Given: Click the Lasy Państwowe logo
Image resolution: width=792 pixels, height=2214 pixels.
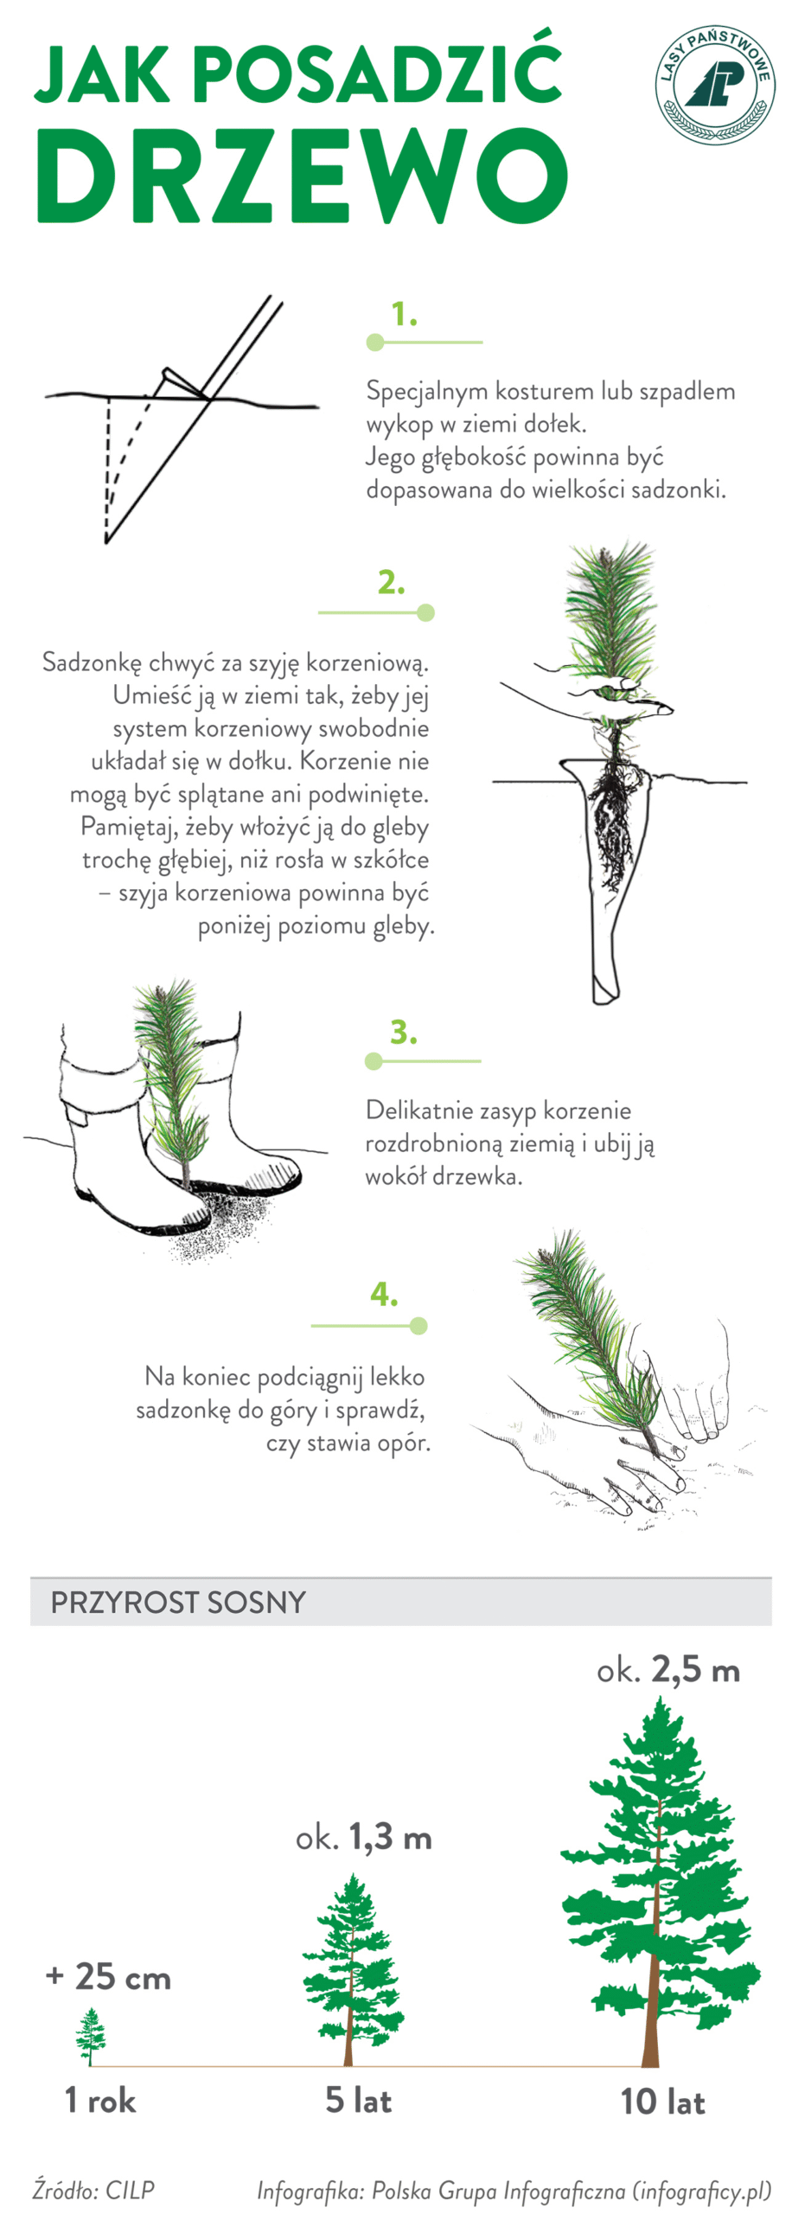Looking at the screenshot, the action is pos(714,84).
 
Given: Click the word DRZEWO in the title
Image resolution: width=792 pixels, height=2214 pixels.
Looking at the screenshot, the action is pos(302,176).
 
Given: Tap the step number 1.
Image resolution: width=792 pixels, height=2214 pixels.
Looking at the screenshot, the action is pos(404,314).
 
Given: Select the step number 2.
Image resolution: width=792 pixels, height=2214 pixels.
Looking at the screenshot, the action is pos(392,583).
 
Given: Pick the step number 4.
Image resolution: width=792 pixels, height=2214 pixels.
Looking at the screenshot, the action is pos(384,1295).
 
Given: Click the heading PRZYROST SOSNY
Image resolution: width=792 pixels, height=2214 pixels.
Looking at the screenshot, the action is pos(178,1603).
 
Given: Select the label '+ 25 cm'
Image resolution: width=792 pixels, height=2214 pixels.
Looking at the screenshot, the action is pos(108,1977).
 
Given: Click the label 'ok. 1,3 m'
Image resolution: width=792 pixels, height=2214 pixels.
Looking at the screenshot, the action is pos(363,1837).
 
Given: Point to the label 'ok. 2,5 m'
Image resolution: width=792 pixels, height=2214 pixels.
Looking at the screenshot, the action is pos(668,1670).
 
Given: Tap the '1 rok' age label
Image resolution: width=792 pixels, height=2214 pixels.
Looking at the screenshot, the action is pos(100,2100).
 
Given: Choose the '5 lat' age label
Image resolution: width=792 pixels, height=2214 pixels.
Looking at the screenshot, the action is pos(358,2100).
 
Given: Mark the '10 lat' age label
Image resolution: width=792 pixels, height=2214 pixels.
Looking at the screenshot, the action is pos(662,2102).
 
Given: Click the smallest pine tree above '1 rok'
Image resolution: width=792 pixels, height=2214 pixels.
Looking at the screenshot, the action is pos(91,2037).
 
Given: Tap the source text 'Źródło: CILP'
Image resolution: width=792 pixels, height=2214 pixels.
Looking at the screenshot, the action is pos(93,2190).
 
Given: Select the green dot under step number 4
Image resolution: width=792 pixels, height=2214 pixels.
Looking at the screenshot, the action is pos(418,1326).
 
